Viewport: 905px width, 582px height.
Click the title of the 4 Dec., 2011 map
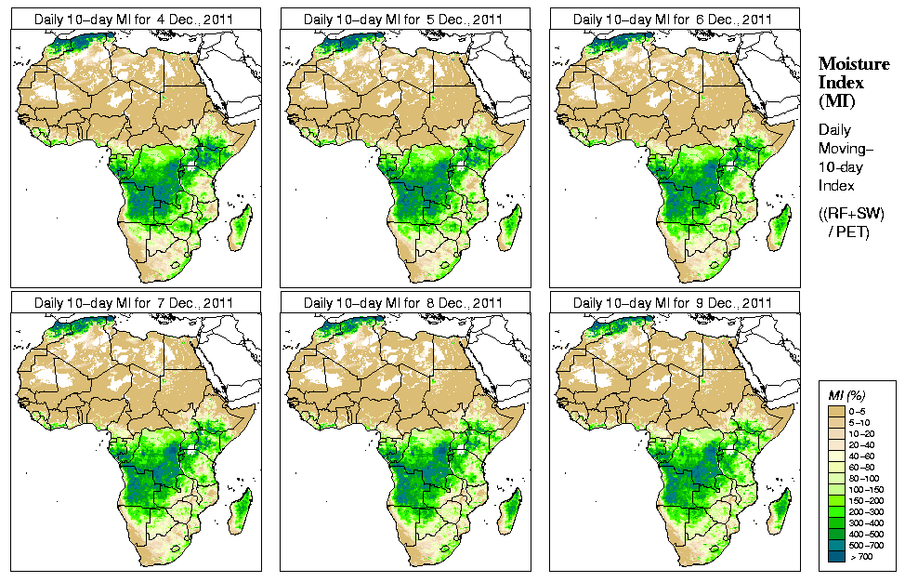click(x=134, y=19)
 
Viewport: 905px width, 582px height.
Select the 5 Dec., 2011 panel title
click(x=403, y=19)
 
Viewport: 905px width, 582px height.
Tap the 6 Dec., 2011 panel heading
click(x=673, y=19)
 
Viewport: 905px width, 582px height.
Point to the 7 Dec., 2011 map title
click(x=134, y=303)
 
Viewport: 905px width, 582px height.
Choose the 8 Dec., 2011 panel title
click(x=403, y=303)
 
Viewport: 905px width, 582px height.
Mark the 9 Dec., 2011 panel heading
click(x=673, y=303)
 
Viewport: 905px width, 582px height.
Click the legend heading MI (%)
click(x=846, y=396)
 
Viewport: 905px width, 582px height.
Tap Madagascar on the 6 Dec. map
click(x=780, y=228)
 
